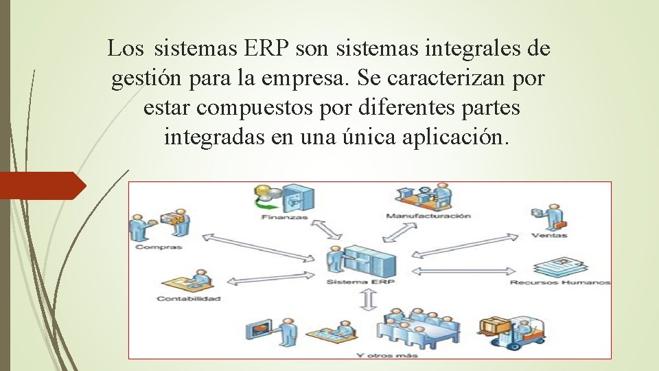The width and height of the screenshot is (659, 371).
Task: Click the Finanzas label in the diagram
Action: coord(284,218)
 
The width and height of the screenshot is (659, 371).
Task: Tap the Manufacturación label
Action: coord(429,216)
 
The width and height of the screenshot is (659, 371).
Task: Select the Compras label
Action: coord(159,246)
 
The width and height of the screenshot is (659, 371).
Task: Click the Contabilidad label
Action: coord(188,299)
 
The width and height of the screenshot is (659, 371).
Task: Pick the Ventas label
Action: coord(549,235)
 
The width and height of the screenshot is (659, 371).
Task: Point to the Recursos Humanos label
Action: coord(560,282)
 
